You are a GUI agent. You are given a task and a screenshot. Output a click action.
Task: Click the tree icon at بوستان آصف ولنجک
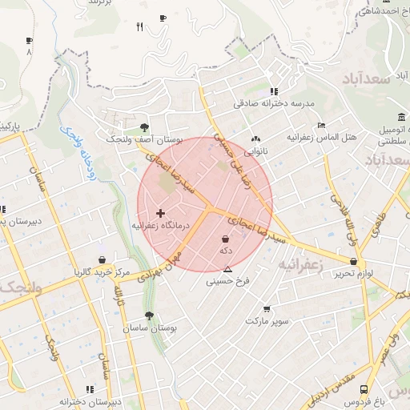[144, 127]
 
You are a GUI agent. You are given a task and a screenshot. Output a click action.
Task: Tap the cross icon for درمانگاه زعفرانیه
[161, 213]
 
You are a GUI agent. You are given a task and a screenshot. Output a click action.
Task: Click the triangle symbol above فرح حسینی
[228, 269]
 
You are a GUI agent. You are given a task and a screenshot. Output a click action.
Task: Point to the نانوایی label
[257, 150]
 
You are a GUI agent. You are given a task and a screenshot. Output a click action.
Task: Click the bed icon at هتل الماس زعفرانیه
[321, 126]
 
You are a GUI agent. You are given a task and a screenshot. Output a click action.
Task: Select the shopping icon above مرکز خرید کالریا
[102, 259]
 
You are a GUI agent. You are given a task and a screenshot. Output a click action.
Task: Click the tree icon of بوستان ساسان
[149, 316]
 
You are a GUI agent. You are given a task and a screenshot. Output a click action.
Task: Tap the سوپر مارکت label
[267, 321]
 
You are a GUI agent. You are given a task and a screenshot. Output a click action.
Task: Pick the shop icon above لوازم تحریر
[353, 261]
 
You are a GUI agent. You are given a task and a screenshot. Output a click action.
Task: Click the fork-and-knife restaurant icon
[140, 27]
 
